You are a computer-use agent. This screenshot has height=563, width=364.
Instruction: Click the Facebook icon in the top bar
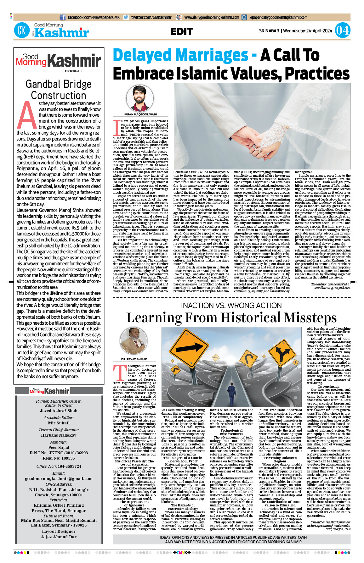click(x=63, y=18)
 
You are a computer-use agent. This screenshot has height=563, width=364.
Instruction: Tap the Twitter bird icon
click(x=126, y=18)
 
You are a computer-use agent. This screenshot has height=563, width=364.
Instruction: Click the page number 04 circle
click(x=342, y=30)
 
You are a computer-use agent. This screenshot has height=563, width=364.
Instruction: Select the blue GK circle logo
click(x=22, y=30)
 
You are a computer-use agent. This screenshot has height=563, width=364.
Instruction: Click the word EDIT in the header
click(x=182, y=31)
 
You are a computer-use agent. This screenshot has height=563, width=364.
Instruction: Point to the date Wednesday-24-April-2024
click(x=308, y=31)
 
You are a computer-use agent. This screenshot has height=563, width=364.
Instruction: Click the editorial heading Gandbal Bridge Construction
click(x=59, y=90)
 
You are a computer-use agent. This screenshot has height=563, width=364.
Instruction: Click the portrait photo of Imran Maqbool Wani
click(x=138, y=98)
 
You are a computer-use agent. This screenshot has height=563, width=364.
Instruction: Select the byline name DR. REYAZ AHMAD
click(x=134, y=359)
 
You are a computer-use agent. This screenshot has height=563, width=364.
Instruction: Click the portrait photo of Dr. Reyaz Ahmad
click(x=134, y=342)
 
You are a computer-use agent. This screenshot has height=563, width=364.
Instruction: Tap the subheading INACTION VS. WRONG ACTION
click(x=231, y=305)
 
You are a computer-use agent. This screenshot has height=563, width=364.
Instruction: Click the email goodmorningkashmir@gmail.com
click(x=59, y=479)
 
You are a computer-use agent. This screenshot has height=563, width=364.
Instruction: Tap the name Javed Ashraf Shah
click(x=59, y=411)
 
